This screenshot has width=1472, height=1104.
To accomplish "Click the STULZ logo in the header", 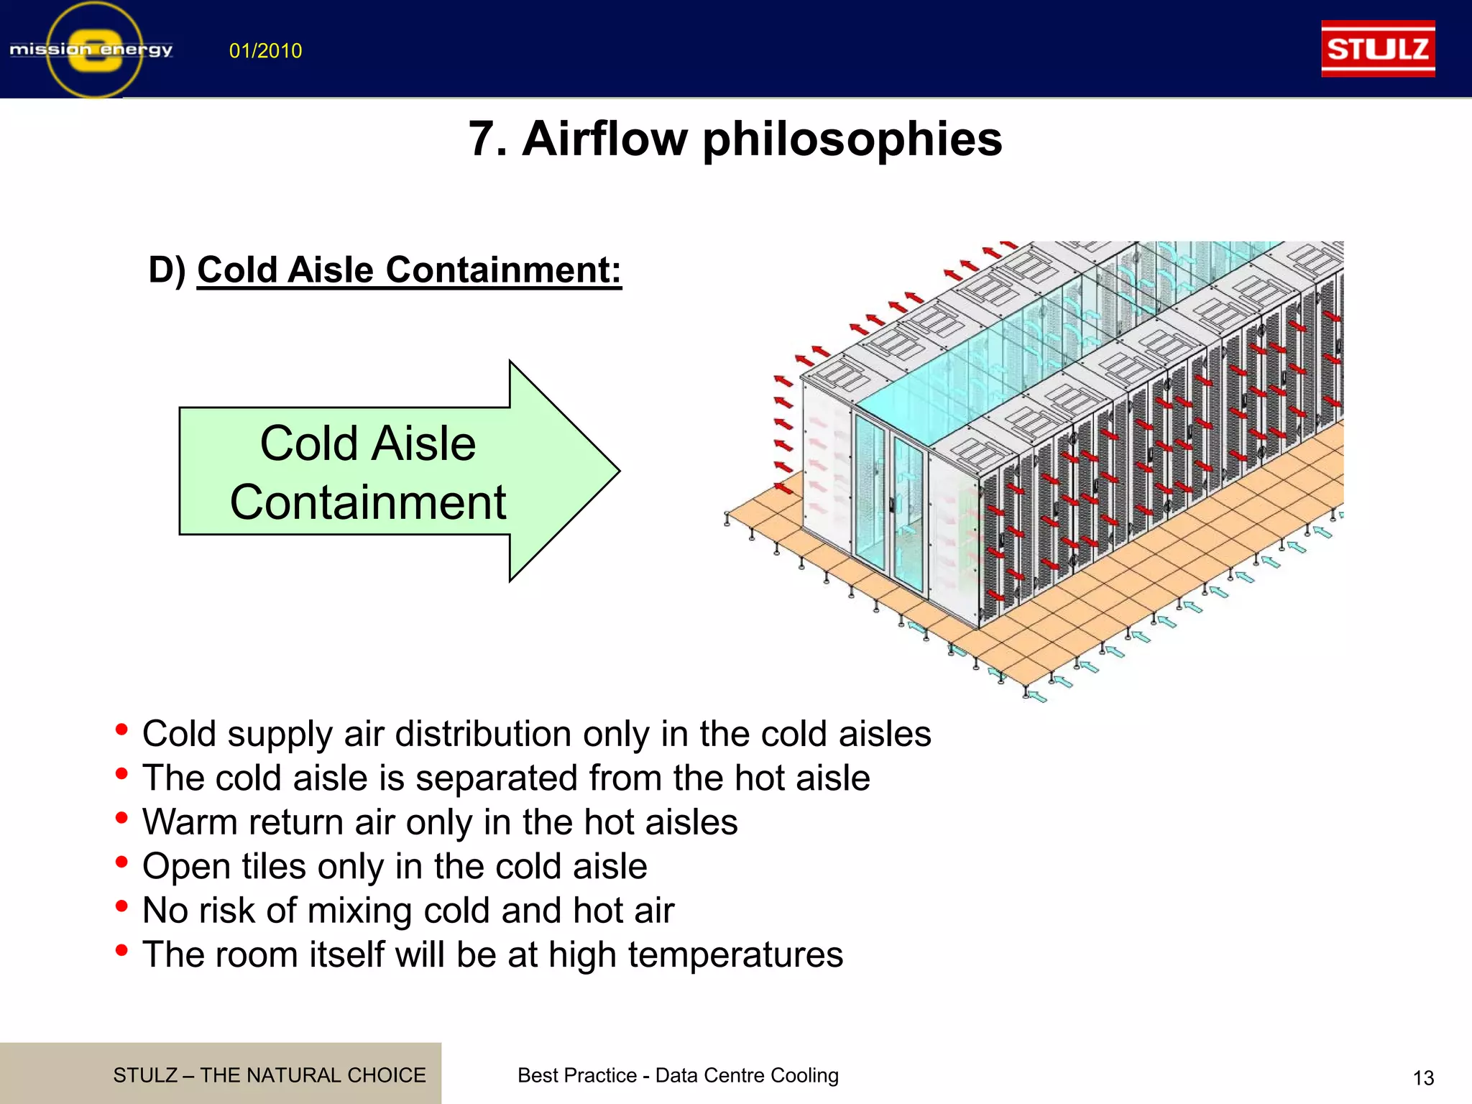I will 1377,49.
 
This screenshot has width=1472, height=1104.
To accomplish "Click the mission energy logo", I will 92,50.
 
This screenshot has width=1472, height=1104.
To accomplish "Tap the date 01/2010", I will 265,51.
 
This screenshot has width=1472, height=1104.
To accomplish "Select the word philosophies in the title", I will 852,139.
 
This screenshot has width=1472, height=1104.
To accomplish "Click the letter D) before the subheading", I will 167,270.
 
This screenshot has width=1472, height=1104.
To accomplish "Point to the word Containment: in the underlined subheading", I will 503,270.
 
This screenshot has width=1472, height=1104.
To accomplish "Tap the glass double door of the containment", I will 890,503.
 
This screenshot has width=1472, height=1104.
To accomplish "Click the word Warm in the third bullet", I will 189,822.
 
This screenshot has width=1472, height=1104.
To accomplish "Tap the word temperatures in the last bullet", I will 735,955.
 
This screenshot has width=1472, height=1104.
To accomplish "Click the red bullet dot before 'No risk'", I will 121,906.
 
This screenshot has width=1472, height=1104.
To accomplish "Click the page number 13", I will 1422,1078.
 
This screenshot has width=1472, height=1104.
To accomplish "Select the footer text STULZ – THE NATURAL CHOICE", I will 270,1075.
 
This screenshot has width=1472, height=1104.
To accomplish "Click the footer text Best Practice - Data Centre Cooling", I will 678,1075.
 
